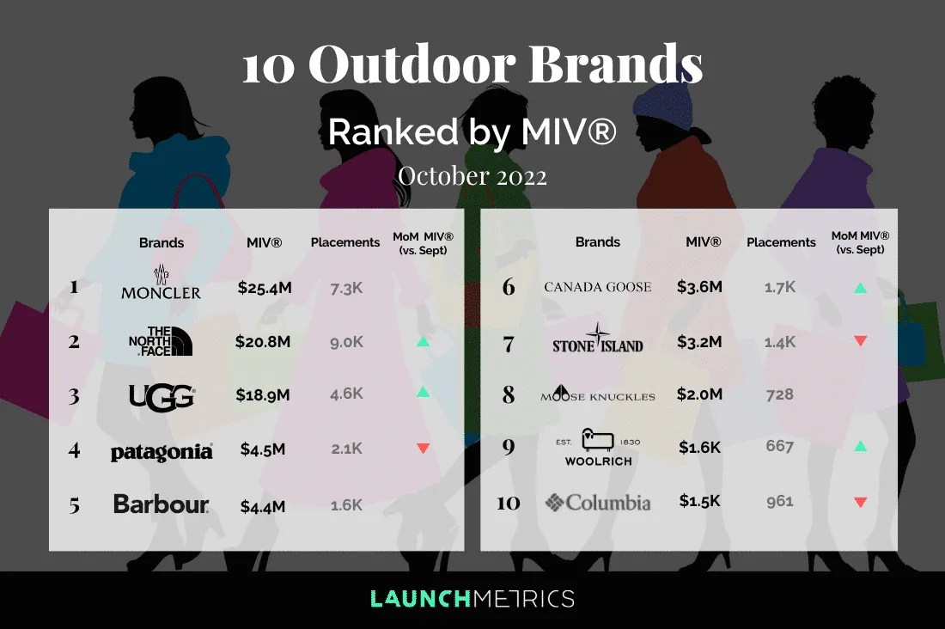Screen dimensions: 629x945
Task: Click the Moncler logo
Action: point(161,284)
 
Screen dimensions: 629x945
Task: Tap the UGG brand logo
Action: point(161,396)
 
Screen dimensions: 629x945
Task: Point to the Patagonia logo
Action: point(161,451)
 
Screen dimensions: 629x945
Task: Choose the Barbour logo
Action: point(161,504)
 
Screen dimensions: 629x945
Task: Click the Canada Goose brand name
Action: point(597,287)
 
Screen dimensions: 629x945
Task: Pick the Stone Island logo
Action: point(597,339)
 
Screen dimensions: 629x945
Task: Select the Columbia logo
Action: point(597,502)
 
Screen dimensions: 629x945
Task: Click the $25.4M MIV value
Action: point(265,287)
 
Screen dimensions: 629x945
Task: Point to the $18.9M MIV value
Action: point(263,396)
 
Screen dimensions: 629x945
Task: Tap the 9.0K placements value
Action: point(346,342)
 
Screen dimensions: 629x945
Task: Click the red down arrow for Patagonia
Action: point(422,448)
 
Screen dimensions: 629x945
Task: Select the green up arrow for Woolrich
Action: point(860,447)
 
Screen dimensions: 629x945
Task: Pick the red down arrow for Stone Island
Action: point(860,341)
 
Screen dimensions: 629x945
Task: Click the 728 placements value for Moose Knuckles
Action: point(780,394)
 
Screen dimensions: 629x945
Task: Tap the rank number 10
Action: point(508,503)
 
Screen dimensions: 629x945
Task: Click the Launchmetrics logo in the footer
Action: point(472,598)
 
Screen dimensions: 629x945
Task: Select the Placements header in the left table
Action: point(345,242)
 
